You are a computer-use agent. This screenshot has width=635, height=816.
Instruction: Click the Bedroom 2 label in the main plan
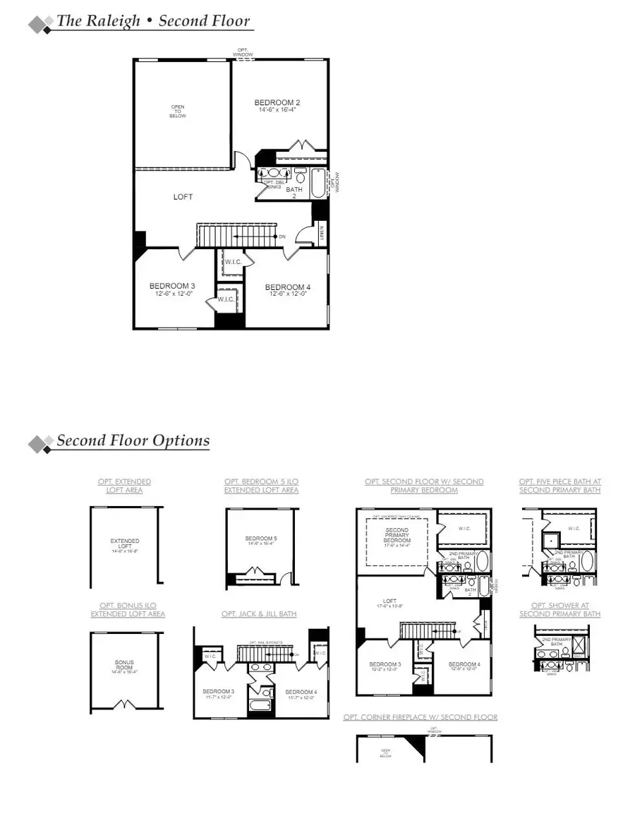(x=277, y=103)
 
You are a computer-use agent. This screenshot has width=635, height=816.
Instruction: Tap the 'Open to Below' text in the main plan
(x=178, y=112)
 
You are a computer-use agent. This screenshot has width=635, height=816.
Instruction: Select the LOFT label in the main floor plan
(x=183, y=197)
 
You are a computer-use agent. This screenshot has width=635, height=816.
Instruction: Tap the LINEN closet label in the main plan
(x=321, y=232)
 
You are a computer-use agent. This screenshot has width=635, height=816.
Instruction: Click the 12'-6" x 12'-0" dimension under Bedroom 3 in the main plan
(x=171, y=294)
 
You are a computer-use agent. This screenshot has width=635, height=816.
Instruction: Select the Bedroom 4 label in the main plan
(x=287, y=287)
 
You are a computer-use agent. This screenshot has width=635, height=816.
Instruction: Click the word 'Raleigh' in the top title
(x=117, y=20)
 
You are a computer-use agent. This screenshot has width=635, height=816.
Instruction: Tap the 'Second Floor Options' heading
(x=133, y=440)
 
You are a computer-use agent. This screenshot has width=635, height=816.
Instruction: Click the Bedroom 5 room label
(x=261, y=539)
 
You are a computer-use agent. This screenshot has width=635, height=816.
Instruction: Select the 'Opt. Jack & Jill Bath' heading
(x=259, y=614)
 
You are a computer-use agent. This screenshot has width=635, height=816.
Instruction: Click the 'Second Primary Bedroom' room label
(x=397, y=535)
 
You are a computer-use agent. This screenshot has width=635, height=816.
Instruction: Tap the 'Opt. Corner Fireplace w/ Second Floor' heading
(x=421, y=717)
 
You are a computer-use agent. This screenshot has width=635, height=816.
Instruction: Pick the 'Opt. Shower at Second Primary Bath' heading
(x=560, y=610)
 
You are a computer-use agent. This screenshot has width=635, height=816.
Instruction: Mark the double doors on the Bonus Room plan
(x=125, y=704)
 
